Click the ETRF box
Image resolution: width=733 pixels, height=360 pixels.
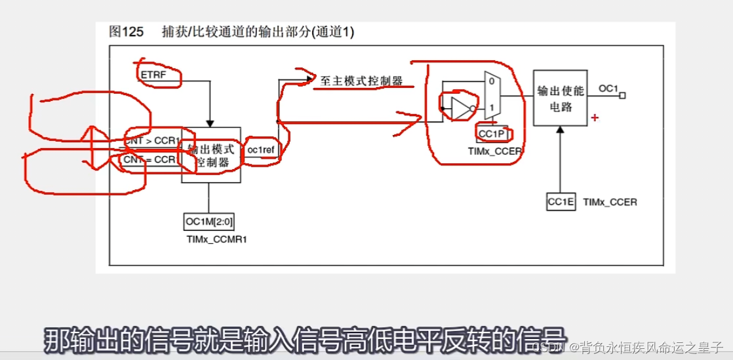[x=154, y=76]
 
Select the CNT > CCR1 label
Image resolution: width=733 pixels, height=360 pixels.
[x=152, y=140]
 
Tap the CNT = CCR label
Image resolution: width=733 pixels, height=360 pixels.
[x=149, y=159]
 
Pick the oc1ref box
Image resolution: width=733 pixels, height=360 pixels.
[x=260, y=150]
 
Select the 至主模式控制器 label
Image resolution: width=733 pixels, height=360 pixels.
[x=361, y=81]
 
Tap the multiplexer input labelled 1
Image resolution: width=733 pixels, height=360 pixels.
[x=491, y=107]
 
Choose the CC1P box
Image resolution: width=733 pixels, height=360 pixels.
[x=491, y=134]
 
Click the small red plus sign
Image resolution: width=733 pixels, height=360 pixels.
[x=595, y=118]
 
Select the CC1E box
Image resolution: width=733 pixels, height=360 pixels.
[x=561, y=203]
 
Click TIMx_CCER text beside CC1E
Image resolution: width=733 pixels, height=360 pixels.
[x=610, y=203]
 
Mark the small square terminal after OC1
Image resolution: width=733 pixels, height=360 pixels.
[x=622, y=96]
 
